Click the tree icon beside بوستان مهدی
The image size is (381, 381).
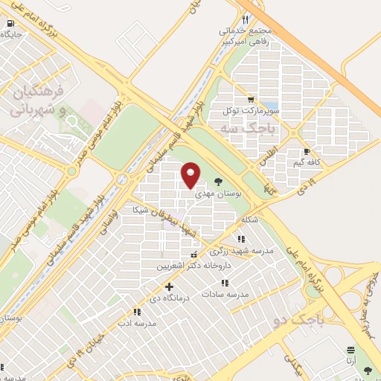218,180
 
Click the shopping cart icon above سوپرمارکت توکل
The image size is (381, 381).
253,99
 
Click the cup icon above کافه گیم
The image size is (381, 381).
307,152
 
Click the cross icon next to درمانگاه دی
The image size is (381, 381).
170,286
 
